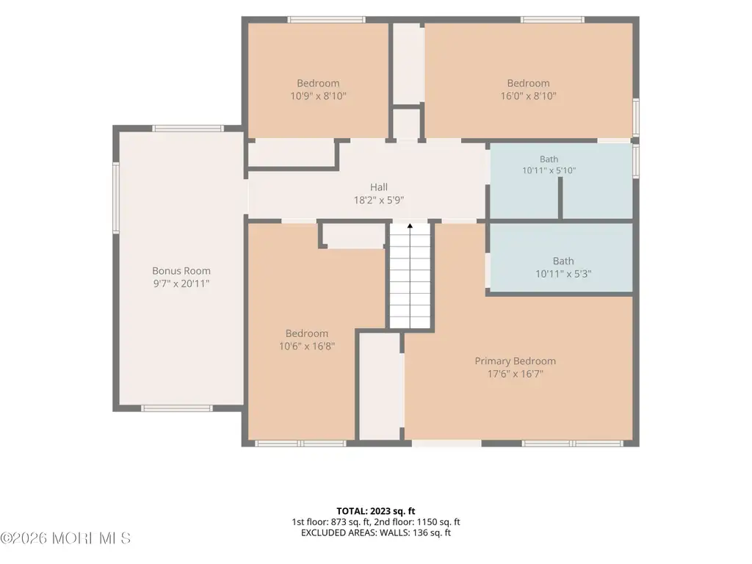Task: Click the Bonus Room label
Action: pyautogui.click(x=181, y=271)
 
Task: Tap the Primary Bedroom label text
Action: pyautogui.click(x=515, y=361)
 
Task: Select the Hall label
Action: pyautogui.click(x=379, y=187)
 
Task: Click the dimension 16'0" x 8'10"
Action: pyautogui.click(x=529, y=96)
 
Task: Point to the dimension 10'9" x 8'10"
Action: pyautogui.click(x=318, y=96)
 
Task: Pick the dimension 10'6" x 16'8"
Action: pyautogui.click(x=307, y=346)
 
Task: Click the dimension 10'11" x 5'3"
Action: pyautogui.click(x=563, y=274)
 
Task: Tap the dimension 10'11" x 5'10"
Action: pyautogui.click(x=549, y=170)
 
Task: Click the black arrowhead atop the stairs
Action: pyautogui.click(x=410, y=225)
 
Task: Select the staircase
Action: pyautogui.click(x=410, y=276)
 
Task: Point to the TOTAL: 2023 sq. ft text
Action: pyautogui.click(x=375, y=511)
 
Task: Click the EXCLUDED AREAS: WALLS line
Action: pyautogui.click(x=376, y=532)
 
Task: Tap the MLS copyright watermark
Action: pyautogui.click(x=65, y=538)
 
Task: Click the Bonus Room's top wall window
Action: pyautogui.click(x=188, y=129)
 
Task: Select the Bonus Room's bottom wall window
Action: pyautogui.click(x=177, y=408)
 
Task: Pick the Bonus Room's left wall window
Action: pyautogui.click(x=115, y=198)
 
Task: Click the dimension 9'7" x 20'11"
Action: pyautogui.click(x=181, y=283)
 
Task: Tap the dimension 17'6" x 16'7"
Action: pyautogui.click(x=515, y=374)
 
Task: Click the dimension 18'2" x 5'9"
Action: pyautogui.click(x=379, y=200)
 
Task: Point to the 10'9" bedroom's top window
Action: pyautogui.click(x=327, y=20)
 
